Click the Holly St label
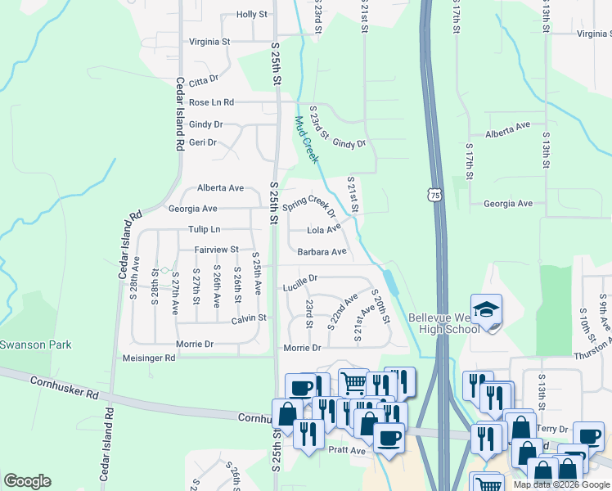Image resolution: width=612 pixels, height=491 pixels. (251, 15)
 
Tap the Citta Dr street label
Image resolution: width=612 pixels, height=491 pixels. (204, 79)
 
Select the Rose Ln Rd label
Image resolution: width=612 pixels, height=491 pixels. (211, 102)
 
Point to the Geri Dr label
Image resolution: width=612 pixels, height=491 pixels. (202, 142)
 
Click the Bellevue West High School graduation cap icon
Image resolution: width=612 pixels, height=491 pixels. (486, 309)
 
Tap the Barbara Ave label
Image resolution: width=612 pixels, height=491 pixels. (322, 252)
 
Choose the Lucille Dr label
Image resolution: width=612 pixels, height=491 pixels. (299, 278)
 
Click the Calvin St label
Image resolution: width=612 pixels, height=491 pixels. (249, 318)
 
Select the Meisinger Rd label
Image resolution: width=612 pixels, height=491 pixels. (148, 358)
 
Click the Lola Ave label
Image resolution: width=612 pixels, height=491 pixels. (323, 230)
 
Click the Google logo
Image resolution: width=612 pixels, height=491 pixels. (27, 481)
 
